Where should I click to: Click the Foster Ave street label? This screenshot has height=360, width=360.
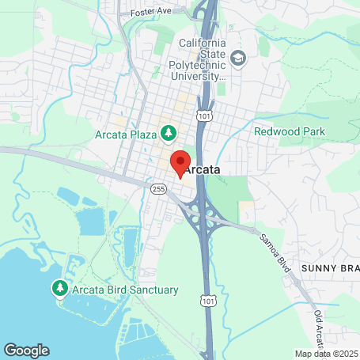click(x=150, y=13)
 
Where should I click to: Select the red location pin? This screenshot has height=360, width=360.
click(x=180, y=163)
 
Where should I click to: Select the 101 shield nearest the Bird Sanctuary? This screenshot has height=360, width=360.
click(x=207, y=301)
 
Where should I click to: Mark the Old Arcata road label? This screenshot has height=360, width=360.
click(x=319, y=328)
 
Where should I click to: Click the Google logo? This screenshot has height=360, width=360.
click(x=26, y=350)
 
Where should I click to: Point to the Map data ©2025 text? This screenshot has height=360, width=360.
click(x=325, y=354)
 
